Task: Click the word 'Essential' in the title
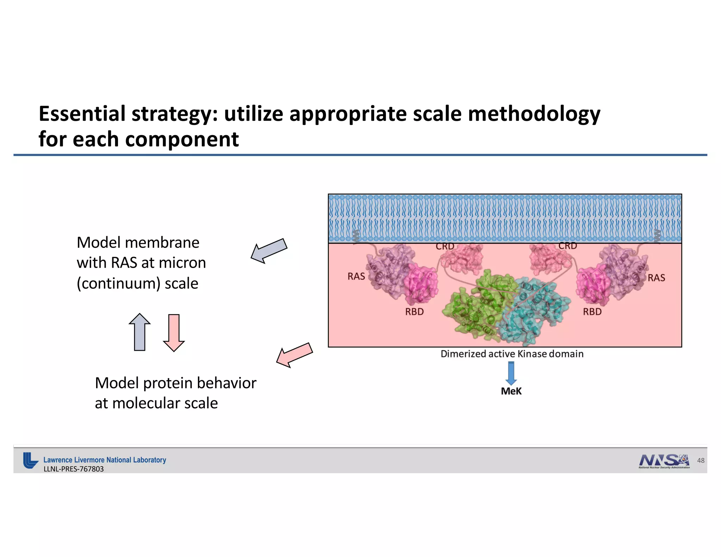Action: coord(82,114)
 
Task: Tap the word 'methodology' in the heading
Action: coord(534,114)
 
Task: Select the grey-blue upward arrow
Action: coord(140,332)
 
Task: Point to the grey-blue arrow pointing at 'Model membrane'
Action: coord(269,250)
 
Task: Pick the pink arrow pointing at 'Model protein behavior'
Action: coord(294,355)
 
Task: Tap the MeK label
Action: coord(511,391)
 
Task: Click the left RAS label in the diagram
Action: coord(356,276)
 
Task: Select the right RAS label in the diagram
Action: coord(656,278)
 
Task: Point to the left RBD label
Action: coord(414,312)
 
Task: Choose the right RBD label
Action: coord(592,312)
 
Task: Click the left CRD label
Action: coord(445,247)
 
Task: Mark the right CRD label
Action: coord(568,246)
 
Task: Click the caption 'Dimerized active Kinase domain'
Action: coord(512,354)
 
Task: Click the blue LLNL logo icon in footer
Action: coord(30,460)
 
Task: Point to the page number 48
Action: coord(701,461)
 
